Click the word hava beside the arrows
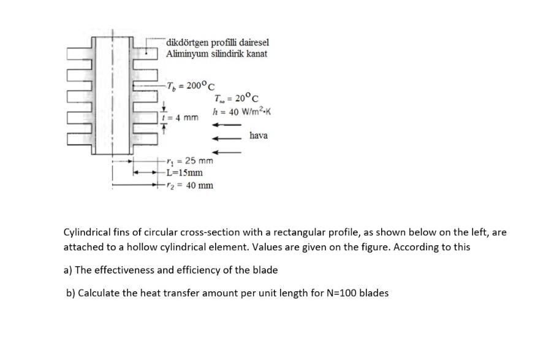pos(259,136)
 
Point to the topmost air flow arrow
pos(226,125)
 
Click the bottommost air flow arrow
pos(226,152)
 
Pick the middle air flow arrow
pos(226,139)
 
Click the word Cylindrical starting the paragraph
pos(88,233)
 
